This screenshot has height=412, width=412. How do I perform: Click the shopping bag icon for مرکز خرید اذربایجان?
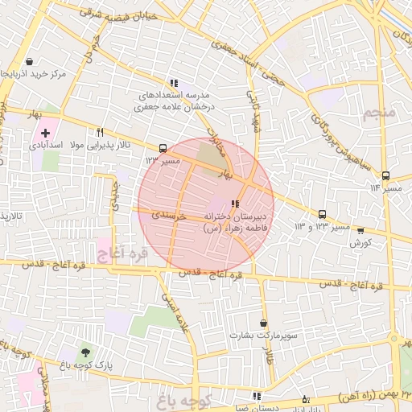(x=30, y=62)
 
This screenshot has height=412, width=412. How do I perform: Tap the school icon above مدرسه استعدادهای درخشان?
(x=174, y=83)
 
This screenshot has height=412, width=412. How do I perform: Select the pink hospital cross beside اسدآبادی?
(x=45, y=132)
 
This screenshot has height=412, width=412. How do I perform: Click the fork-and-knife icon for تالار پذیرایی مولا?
(x=101, y=133)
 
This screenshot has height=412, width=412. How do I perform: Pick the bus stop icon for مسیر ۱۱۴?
(x=385, y=175)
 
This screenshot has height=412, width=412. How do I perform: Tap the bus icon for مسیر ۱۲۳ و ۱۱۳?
(x=323, y=214)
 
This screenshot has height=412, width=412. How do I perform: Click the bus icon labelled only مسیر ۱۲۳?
(x=164, y=149)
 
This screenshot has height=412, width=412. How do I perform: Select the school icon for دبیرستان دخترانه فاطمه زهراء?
(x=235, y=204)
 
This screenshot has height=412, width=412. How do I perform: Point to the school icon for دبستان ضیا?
(x=257, y=396)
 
